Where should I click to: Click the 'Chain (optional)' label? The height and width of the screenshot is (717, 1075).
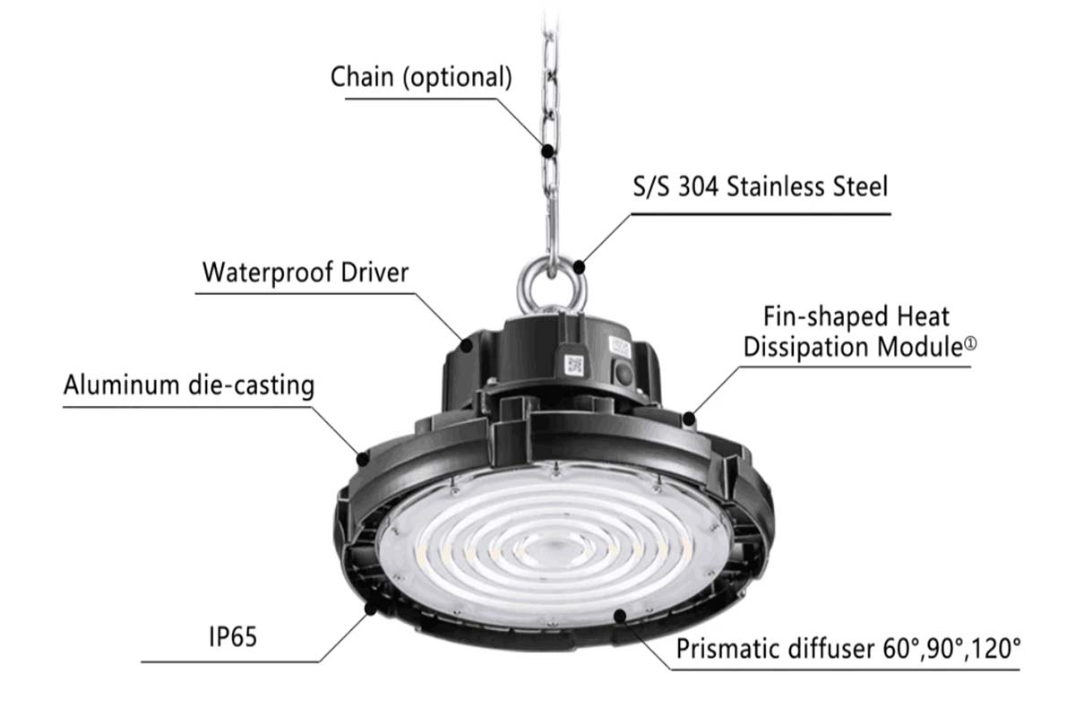point(421,77)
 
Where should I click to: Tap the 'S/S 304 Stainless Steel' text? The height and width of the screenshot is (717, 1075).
point(761,186)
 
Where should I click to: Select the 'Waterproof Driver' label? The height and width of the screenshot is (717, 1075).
point(305,272)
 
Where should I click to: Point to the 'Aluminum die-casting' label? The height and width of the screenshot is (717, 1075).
point(189,385)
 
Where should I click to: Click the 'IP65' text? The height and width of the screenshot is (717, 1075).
point(233,637)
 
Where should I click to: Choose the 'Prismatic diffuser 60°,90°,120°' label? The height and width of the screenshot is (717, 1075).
point(848,648)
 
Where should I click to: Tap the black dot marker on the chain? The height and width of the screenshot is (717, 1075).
point(548,151)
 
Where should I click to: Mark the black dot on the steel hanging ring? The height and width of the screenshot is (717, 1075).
point(580,267)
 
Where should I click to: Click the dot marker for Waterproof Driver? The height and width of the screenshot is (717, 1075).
point(467,345)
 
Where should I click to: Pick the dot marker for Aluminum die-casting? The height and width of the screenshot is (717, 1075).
point(363,460)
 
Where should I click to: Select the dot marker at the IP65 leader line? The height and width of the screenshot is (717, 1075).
point(370,609)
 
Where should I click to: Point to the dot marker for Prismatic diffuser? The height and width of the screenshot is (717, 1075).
point(620,615)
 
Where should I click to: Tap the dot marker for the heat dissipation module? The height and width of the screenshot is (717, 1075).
point(689,419)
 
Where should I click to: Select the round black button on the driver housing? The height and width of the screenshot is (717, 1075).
point(623,373)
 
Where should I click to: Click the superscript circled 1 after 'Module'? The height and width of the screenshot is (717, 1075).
point(970,343)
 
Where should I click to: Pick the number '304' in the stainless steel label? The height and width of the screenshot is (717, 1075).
point(698,186)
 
